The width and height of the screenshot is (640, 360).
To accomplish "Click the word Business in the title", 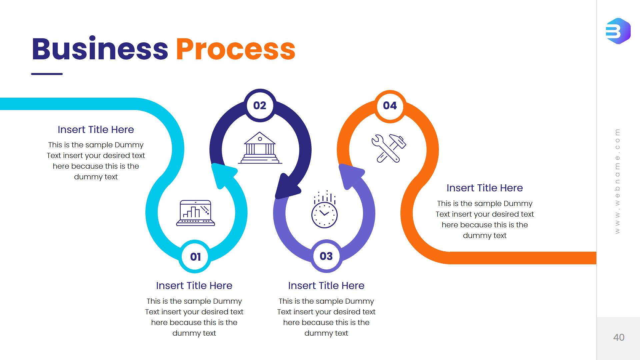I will pos(100,49).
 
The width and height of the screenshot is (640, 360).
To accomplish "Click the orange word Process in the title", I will pos(236,49).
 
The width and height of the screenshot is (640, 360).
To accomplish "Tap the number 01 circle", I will pos(195,256).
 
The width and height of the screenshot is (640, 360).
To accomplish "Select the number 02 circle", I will pos(260,105).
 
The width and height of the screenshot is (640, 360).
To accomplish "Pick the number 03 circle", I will pos(326,256).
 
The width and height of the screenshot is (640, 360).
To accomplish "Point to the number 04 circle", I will pos(390,106).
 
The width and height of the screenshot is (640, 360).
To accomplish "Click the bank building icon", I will pos(260,148).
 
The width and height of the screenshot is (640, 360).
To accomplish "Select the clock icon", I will pos(324,210).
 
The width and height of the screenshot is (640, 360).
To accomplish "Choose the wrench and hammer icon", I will pos(389,148).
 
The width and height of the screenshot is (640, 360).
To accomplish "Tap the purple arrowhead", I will pos(350,175).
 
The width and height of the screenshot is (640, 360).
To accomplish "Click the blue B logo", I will pos(618,31).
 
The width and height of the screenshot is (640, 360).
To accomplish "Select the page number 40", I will pos(619,337).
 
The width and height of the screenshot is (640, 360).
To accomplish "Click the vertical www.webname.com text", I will pos(617,181).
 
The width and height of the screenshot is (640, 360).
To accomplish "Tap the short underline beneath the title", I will pos(47,74).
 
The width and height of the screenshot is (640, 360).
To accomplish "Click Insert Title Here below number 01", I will pos(194,286).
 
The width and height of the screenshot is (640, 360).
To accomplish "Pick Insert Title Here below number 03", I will pos(326,286).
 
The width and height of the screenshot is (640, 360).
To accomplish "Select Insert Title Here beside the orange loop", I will pos(484,188).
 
